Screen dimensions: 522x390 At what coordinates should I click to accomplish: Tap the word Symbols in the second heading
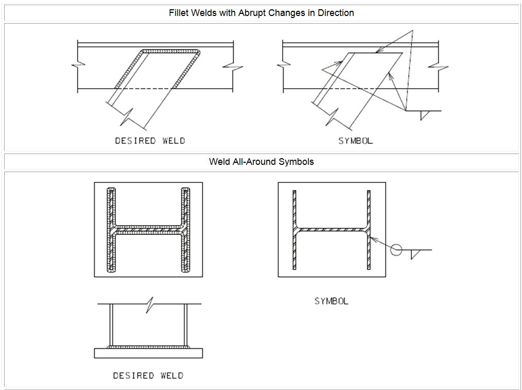pos(296,162)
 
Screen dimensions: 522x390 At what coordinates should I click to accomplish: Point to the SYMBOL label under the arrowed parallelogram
pos(356,141)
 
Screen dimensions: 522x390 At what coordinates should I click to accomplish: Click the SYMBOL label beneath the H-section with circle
pos(332,301)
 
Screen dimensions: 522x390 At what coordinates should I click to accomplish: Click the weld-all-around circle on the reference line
pos(396,250)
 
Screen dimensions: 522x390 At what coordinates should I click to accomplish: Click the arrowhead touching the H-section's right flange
pos(373,239)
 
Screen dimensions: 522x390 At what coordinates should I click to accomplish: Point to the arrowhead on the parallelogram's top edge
pos(379,50)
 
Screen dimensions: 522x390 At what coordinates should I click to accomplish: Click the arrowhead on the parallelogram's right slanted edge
pos(391,76)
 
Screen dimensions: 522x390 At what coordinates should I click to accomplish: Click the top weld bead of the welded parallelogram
pos(170,52)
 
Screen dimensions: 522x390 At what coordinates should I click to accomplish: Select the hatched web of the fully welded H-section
pos(148,230)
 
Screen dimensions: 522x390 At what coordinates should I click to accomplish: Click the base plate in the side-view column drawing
pos(148,353)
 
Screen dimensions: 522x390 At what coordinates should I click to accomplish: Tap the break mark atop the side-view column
pos(150,304)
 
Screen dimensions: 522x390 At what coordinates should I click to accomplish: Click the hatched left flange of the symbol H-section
pos(294,230)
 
